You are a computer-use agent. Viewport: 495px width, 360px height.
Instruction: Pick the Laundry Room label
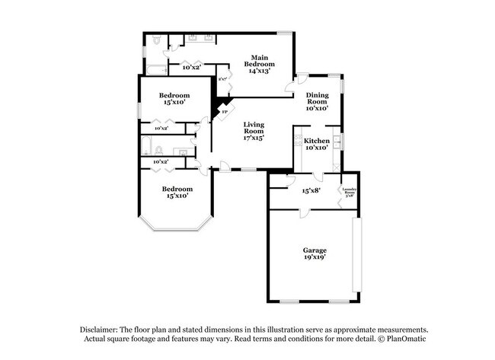350,191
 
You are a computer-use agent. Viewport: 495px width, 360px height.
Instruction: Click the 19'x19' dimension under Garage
315,257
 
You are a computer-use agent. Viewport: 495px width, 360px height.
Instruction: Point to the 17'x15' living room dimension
254,139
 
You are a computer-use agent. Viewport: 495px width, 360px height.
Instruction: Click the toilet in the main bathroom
155,45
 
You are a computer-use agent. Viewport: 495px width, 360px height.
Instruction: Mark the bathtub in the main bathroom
155,71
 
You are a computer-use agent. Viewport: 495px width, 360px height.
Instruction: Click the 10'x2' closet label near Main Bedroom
191,68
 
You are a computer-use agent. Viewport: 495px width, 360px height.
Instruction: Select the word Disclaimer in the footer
101,328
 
